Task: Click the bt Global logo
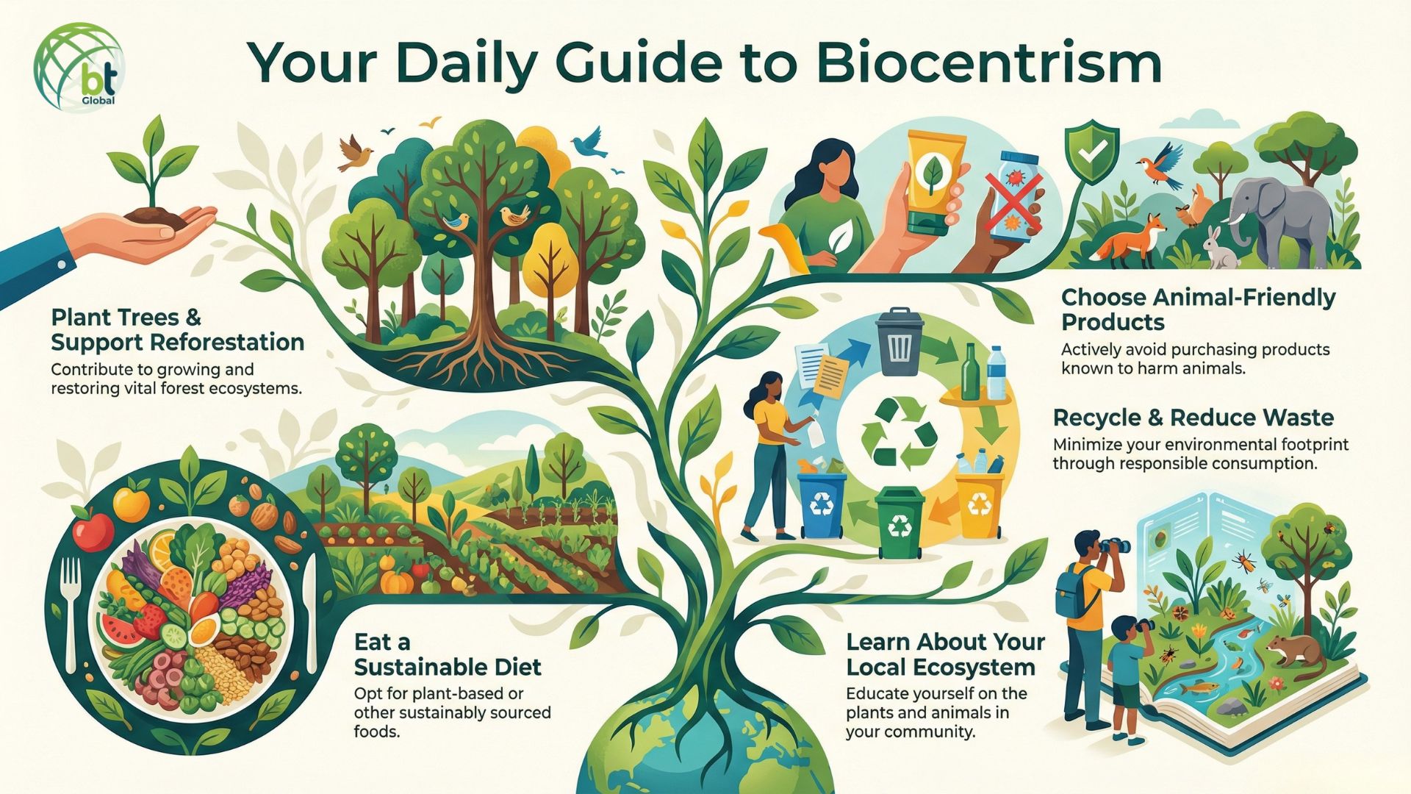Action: coord(79,67)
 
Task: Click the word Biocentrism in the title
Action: coord(988,65)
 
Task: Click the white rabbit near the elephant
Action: coord(1219,248)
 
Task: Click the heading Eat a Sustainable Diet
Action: coord(447,654)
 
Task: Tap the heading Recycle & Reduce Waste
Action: coord(1193,418)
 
